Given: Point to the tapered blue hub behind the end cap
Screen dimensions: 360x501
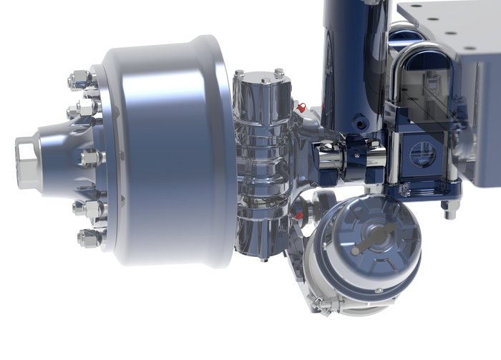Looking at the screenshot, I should tap(61, 154).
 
